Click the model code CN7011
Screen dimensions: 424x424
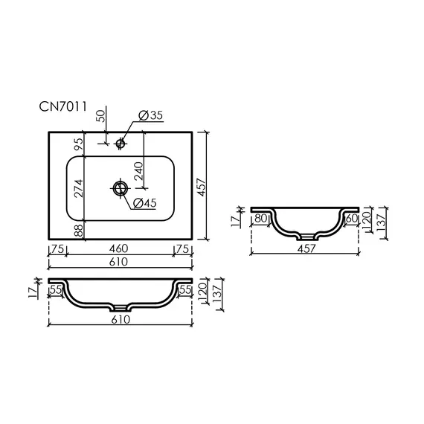pyautogui.click(x=62, y=106)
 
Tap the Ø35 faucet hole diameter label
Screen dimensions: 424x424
pyautogui.click(x=150, y=115)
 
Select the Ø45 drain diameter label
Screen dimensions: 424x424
pyautogui.click(x=145, y=203)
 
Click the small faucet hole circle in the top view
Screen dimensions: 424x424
pyautogui.click(x=120, y=143)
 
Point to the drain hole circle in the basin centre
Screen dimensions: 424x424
pyautogui.click(x=120, y=188)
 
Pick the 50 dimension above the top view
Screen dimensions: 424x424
pyautogui.click(x=100, y=116)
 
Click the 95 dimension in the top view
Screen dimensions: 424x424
pyautogui.click(x=79, y=144)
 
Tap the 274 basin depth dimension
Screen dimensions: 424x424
pyautogui.click(x=79, y=188)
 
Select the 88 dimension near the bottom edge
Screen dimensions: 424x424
pyautogui.click(x=79, y=231)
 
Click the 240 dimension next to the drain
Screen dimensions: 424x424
pyautogui.click(x=138, y=171)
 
